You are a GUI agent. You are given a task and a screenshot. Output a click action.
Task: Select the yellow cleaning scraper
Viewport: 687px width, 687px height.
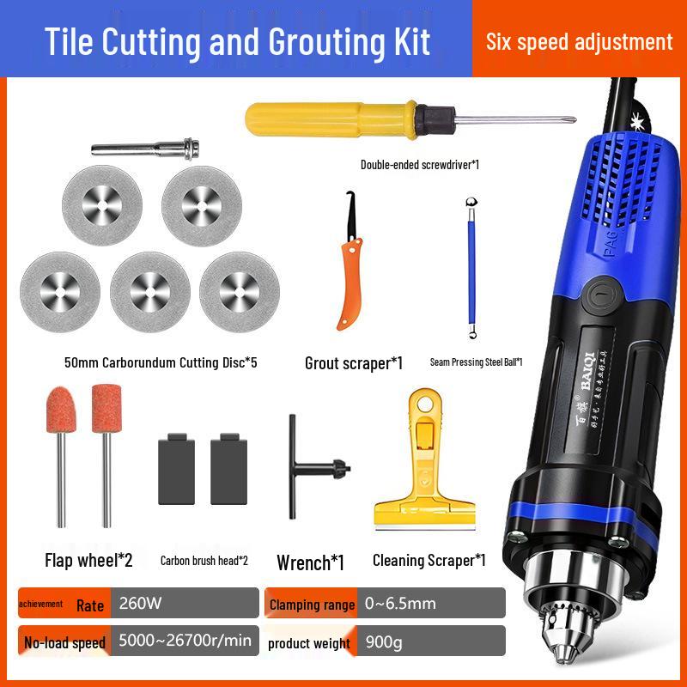[428, 468]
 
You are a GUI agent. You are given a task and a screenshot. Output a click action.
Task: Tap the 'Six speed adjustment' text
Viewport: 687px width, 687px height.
[579, 41]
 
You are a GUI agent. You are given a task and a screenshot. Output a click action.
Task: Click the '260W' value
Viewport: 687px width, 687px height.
[142, 603]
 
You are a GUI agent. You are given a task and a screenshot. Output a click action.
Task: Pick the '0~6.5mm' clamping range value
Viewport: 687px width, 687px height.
[399, 603]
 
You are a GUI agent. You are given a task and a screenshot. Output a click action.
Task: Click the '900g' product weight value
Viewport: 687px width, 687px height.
[383, 641]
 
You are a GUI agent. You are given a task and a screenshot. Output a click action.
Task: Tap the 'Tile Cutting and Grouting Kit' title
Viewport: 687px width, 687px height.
[238, 41]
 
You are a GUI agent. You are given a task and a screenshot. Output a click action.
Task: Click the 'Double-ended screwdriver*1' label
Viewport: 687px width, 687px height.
[419, 164]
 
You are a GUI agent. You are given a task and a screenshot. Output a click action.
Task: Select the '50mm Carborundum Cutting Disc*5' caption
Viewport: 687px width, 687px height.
[161, 362]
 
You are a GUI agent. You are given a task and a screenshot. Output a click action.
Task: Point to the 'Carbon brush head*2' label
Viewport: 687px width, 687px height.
[204, 561]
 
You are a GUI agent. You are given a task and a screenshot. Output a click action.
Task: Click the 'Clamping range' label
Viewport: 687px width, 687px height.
[312, 605]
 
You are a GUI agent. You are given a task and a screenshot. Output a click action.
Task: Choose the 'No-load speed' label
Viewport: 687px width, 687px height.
[65, 642]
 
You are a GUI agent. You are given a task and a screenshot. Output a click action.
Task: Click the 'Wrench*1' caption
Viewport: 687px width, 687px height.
[310, 562]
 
